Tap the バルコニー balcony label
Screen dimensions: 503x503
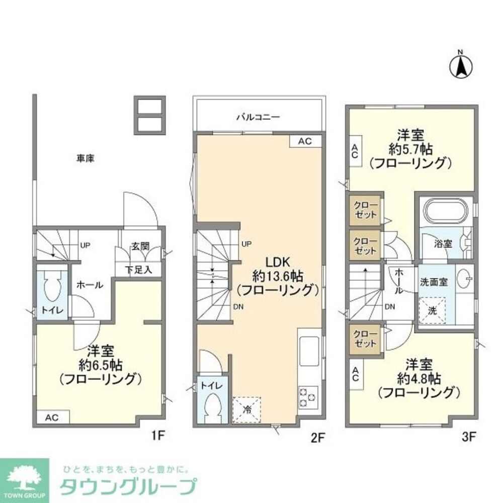(258, 117)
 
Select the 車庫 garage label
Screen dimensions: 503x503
(86, 158)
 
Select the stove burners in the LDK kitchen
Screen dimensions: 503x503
(308, 397)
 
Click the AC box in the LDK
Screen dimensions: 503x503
(305, 141)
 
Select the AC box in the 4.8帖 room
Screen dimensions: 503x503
(355, 375)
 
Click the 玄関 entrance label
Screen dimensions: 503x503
(140, 246)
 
